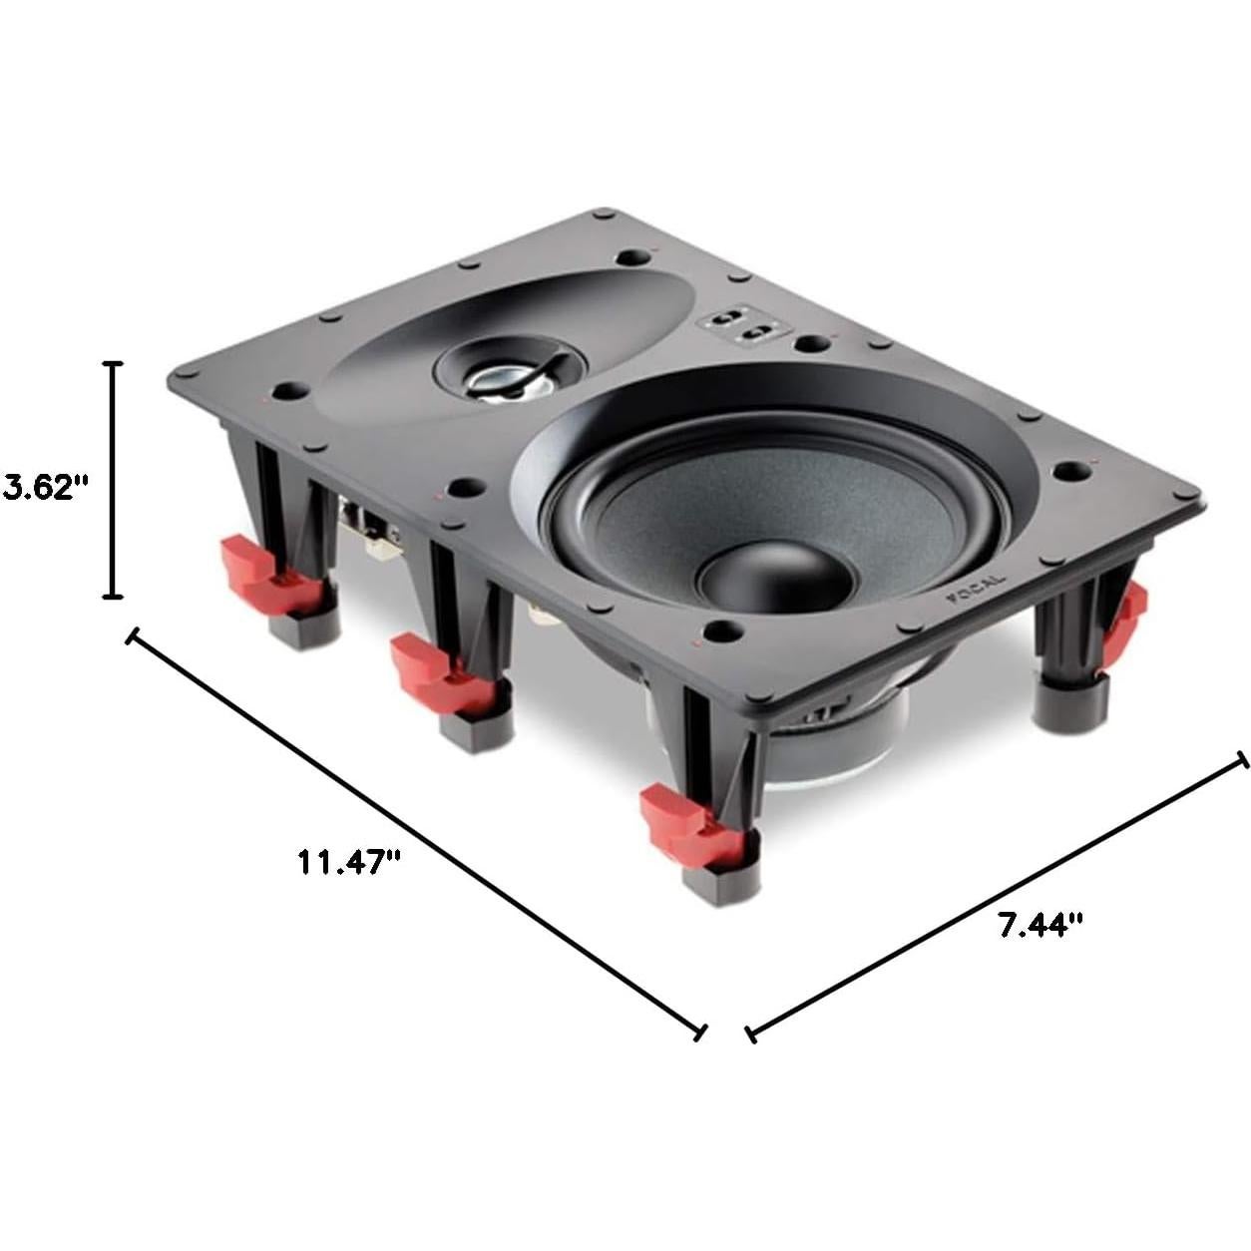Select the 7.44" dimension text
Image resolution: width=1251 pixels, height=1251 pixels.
point(1041,925)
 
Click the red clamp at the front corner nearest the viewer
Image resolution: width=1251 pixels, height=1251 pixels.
point(688,821)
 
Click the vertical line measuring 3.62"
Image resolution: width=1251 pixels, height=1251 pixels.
point(114,479)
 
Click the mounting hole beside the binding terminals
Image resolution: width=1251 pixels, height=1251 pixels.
point(812,345)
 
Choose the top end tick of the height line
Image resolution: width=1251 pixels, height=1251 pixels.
point(114,363)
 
